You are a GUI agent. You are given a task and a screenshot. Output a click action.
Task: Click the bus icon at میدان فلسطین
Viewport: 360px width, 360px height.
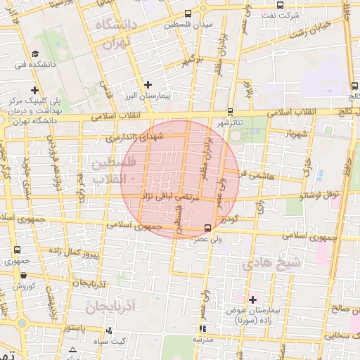pyautogui.click(x=187, y=13)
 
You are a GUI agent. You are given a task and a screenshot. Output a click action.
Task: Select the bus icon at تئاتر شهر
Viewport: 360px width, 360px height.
pyautogui.click(x=231, y=111)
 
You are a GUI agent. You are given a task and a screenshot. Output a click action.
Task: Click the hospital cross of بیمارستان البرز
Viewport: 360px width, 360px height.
pyautogui.click(x=147, y=85)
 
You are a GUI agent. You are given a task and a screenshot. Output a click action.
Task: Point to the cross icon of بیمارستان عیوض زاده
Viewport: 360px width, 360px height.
pyautogui.click(x=253, y=300)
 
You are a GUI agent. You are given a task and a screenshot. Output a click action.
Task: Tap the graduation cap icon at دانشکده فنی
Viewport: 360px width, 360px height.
pyautogui.click(x=34, y=54)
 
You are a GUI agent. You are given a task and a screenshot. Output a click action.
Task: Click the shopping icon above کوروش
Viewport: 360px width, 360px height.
pyautogui.click(x=17, y=275)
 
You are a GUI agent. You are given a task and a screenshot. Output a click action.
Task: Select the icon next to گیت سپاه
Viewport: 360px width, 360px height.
pyautogui.click(x=108, y=330)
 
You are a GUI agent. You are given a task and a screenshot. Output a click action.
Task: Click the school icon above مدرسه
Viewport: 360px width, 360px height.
pyautogui.click(x=202, y=328)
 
